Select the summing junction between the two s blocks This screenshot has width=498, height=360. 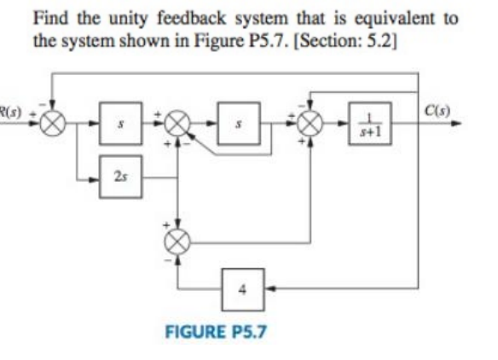[177, 123]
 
